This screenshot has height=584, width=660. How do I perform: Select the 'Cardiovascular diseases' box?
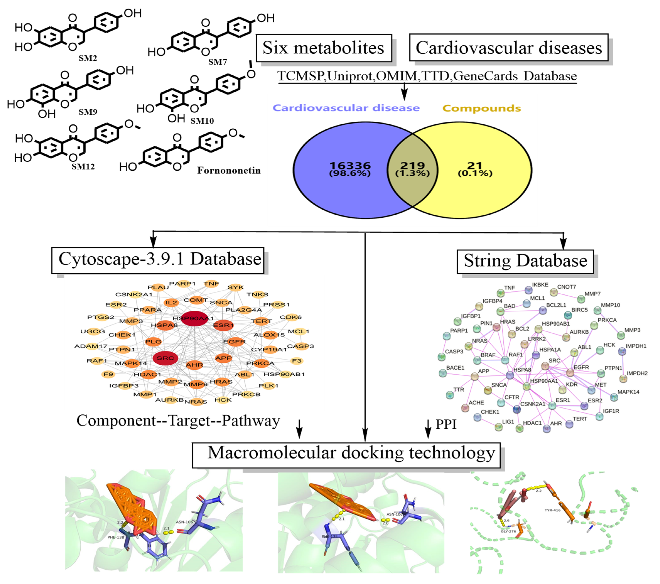509,48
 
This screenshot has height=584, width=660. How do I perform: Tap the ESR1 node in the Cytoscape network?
223,325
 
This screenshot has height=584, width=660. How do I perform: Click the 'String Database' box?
525,261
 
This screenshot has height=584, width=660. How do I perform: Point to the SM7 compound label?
217,62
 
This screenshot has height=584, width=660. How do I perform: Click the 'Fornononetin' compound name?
229,170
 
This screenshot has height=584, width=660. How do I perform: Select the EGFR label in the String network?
581,367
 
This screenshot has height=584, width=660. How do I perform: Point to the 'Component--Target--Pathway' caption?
178,421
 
